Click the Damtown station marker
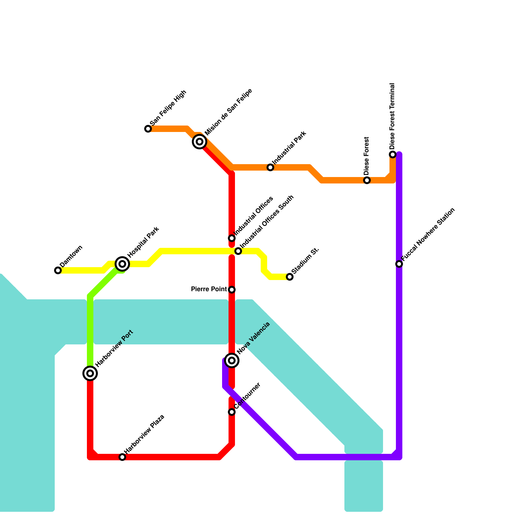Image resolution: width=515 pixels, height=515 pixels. (58, 270)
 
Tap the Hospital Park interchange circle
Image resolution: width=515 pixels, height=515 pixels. (122, 264)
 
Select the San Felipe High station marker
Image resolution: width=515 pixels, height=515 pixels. (148, 129)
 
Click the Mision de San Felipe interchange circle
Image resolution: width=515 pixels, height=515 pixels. (200, 142)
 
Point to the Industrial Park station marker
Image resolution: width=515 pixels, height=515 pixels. (270, 167)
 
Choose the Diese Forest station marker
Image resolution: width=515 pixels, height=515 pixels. (367, 180)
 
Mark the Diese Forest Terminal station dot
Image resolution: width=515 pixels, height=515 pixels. (393, 154)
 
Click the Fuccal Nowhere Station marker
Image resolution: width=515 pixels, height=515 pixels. (399, 264)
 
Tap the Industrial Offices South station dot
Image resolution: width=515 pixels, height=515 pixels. (238, 251)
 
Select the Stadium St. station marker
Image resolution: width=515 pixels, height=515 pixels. (290, 277)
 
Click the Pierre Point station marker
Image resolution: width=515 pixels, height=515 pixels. (232, 290)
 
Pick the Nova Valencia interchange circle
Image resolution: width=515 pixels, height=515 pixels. (232, 360)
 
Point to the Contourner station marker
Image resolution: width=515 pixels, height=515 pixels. (232, 412)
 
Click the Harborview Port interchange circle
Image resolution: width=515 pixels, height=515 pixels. (90, 373)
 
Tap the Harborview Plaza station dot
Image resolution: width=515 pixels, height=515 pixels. (122, 457)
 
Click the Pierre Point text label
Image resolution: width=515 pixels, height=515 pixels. (209, 289)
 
